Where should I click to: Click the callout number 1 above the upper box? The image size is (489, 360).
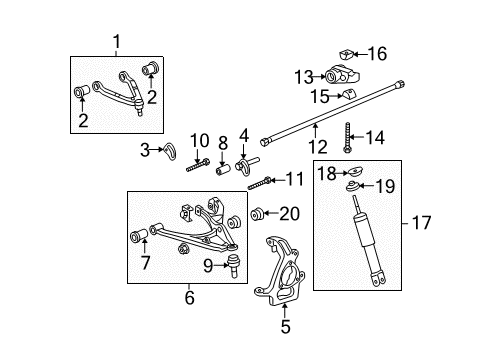117,43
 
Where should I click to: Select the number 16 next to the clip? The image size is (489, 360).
377,55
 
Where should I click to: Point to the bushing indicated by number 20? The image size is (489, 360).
257,212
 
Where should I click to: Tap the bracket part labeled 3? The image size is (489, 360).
171,152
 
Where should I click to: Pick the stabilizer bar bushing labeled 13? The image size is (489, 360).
336,76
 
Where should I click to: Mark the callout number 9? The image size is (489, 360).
209,265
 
